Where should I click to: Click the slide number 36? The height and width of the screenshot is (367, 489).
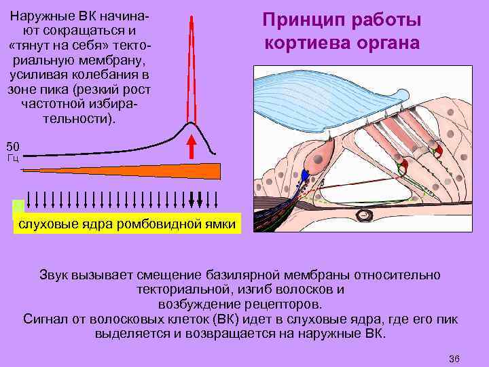click(454, 358)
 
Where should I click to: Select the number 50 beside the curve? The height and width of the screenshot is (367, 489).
click(13, 146)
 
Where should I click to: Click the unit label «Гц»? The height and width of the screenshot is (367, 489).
click(12, 158)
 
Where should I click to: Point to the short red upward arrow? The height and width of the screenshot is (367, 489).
click(192, 147)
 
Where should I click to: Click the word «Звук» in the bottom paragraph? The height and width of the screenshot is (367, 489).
click(56, 275)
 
